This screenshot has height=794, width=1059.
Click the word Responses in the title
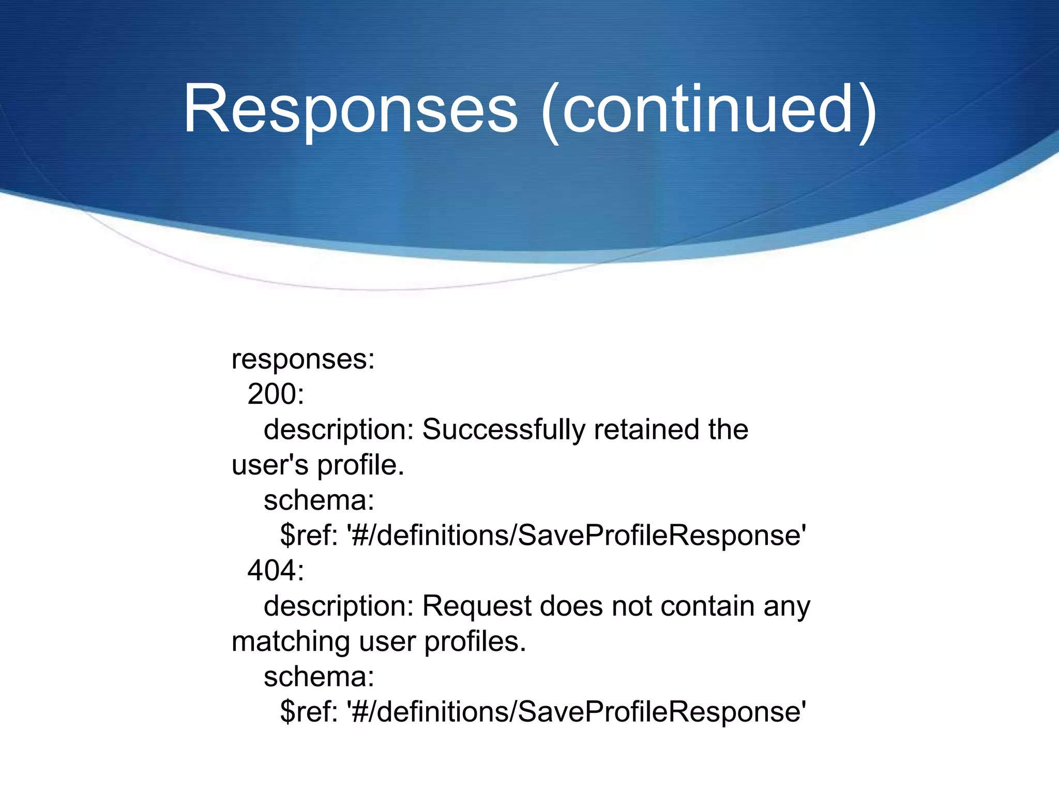[x=351, y=110]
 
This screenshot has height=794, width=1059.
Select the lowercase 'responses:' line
[x=303, y=359]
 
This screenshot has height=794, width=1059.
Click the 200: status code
[x=276, y=394]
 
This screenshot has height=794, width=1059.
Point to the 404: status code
[x=276, y=571]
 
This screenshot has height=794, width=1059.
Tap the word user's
[x=270, y=465]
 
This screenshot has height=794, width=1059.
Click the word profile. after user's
[x=360, y=465]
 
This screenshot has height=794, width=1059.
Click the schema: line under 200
[x=319, y=500]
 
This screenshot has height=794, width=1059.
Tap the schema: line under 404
[x=319, y=677]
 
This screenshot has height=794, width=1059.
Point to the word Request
[x=476, y=606]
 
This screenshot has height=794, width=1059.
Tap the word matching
[x=291, y=642]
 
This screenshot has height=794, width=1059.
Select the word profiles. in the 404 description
[x=475, y=642]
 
